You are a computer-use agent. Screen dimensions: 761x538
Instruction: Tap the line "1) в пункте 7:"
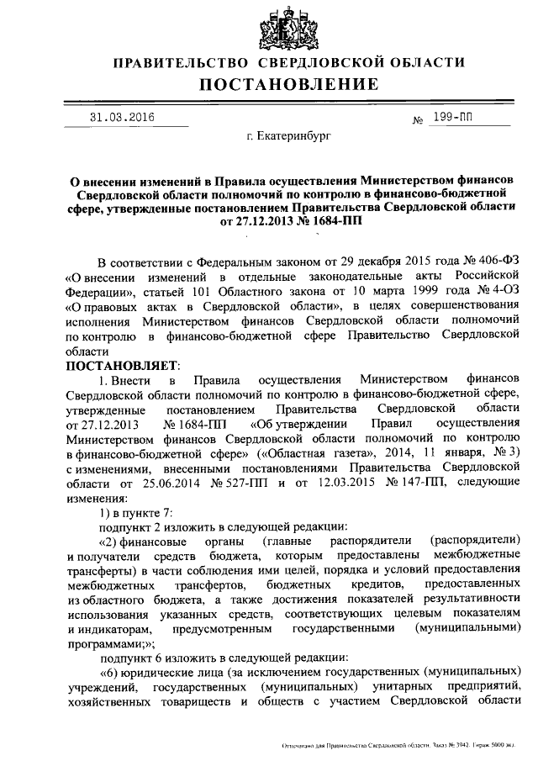pyautogui.click(x=136, y=516)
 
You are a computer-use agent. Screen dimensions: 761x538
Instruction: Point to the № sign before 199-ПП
pyautogui.click(x=418, y=121)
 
